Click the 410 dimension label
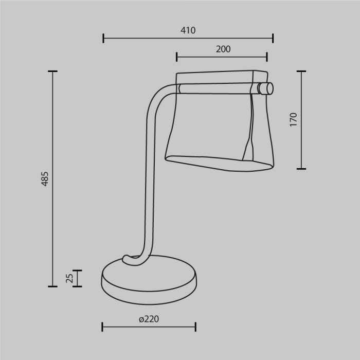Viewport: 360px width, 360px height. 188,30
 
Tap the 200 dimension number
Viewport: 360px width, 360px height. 223,49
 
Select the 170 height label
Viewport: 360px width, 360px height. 293,119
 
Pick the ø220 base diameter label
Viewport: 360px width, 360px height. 149,319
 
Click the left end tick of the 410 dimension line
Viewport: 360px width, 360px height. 103,38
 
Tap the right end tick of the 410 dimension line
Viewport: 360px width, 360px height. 273,38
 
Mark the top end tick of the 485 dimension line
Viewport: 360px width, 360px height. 52,71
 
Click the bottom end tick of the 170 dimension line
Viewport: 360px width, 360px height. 301,168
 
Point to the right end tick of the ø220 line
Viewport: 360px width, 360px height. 195,327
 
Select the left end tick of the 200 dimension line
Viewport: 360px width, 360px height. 176,57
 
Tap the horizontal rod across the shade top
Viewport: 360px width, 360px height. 216,88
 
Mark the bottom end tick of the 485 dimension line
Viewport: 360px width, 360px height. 52,286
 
